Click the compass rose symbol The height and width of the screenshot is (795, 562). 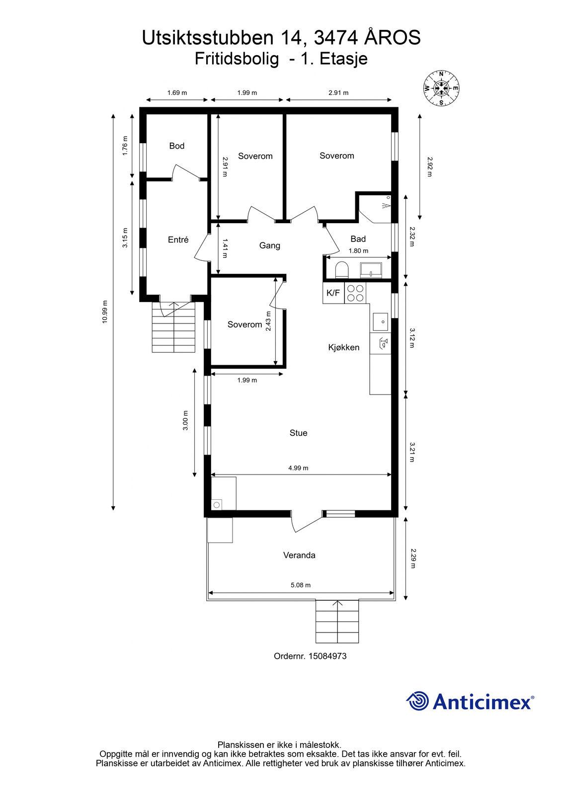441,88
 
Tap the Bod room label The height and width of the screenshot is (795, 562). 176,146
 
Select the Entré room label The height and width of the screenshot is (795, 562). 178,239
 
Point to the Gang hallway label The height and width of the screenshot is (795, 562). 269,245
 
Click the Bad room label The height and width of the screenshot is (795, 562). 358,239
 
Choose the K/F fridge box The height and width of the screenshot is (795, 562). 333,293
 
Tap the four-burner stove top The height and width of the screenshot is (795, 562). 355,293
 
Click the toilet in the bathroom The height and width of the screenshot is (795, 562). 342,270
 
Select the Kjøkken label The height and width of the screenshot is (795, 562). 344,347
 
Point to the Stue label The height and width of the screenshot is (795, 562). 298,433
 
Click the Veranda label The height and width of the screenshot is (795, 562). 299,555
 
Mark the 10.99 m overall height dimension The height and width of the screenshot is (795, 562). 105,312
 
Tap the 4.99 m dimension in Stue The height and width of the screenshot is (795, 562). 298,468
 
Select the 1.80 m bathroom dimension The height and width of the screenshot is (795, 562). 358,250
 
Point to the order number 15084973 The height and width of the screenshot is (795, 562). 327,656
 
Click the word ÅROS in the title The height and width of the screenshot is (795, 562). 392,38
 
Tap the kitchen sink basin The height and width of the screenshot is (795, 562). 380,321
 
